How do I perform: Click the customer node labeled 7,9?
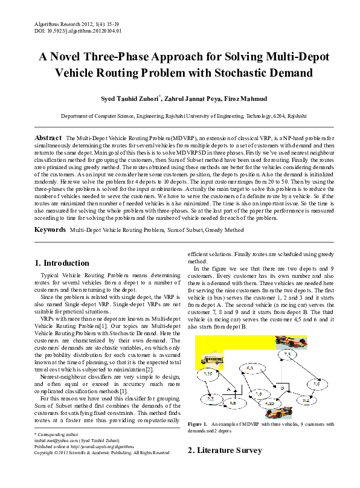287,355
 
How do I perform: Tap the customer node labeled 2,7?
210,399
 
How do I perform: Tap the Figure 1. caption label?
198,425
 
